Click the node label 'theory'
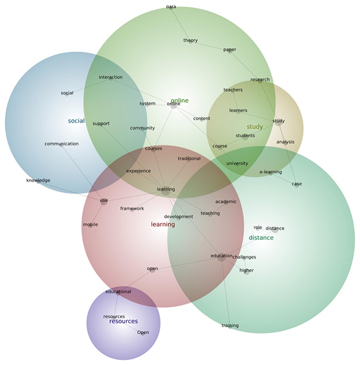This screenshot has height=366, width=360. point(191,41)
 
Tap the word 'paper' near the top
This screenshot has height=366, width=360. point(229,50)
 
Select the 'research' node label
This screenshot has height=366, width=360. point(259,80)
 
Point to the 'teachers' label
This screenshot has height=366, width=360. point(233,90)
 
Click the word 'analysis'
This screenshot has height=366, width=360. point(285,142)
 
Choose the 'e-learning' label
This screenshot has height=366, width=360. point(271,172)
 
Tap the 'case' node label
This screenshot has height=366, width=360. point(297,184)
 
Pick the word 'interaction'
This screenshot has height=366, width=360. point(111,78)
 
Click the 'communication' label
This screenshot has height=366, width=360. point(62,144)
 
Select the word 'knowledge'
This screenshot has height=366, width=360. point(38,181)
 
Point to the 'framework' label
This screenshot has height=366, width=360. point(132,209)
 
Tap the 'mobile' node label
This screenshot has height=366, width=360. point(90,225)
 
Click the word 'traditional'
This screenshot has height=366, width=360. point(189,159)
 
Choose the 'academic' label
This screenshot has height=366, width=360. point(226,202)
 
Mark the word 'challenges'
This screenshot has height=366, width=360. point(244,257)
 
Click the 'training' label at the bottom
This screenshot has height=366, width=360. point(230,325)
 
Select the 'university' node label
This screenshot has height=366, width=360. point(237,164)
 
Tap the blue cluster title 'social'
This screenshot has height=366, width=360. point(76,121)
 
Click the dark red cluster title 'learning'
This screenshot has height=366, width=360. point(163,224)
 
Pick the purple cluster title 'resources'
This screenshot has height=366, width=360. point(123,321)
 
